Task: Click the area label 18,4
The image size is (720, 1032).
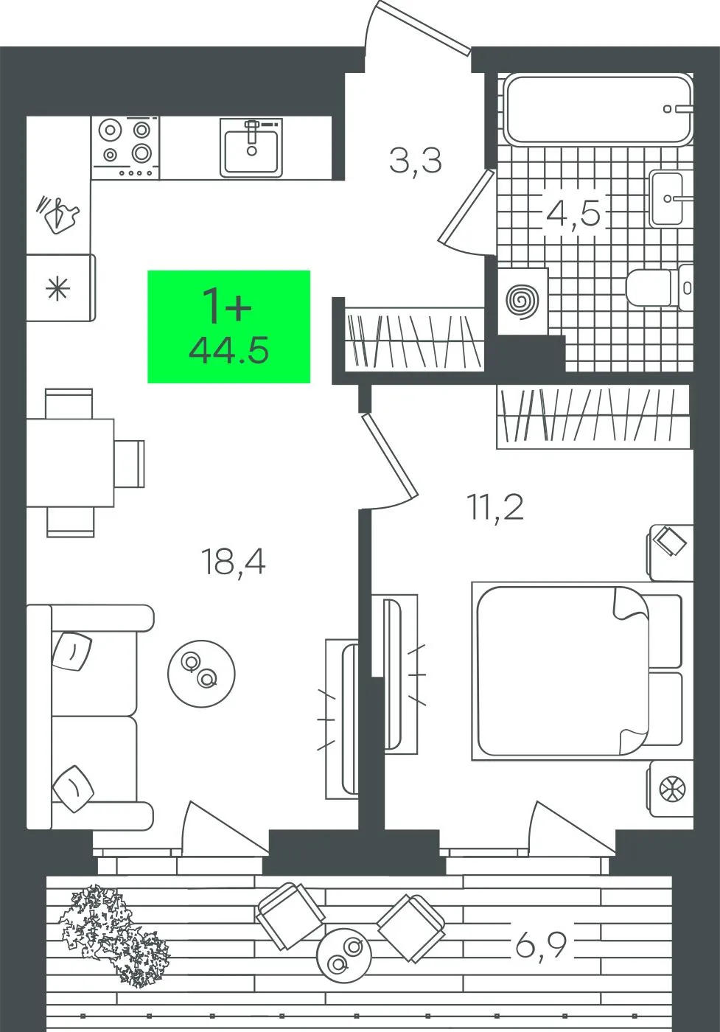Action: tap(233, 563)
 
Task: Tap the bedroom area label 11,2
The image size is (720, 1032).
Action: tap(495, 507)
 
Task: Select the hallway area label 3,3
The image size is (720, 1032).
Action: tap(415, 161)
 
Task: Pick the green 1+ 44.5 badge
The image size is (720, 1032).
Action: tap(228, 327)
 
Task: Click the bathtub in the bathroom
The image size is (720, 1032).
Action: tap(598, 109)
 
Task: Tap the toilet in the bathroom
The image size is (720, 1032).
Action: tap(660, 288)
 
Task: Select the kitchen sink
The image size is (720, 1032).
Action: tap(251, 147)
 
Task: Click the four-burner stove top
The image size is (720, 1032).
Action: tap(126, 147)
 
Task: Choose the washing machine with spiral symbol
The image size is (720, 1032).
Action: tap(522, 301)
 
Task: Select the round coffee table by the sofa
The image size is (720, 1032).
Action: tap(201, 674)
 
